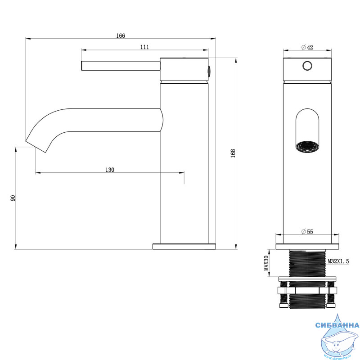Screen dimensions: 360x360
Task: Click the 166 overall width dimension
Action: tap(121, 36)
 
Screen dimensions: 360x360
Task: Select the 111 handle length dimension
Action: tap(144, 47)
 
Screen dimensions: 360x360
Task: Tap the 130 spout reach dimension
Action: tap(110, 170)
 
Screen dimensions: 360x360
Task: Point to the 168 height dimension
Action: tap(233, 153)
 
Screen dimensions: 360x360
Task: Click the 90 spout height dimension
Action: tap(13, 198)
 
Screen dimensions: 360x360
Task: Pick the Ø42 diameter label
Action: tap(307, 47)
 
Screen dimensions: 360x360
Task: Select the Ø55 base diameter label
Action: tap(307, 232)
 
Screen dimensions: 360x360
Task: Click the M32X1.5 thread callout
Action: tap(338, 261)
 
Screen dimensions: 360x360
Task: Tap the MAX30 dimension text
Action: tap(266, 263)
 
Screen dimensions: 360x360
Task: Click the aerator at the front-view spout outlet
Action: tap(307, 147)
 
